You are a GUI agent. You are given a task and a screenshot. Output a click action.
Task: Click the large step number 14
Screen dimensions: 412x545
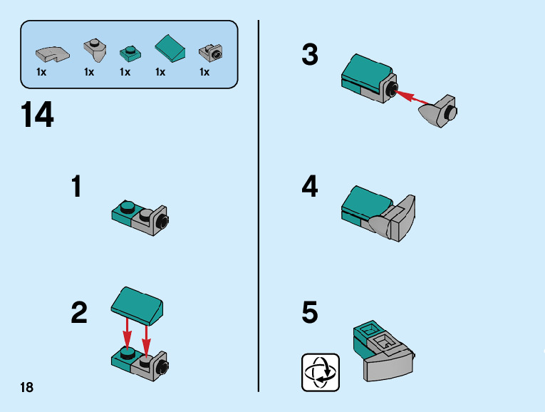(37, 115)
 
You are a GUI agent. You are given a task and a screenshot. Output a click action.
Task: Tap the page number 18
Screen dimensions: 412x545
(26, 387)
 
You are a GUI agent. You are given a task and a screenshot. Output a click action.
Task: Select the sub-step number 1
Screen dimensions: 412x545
(76, 187)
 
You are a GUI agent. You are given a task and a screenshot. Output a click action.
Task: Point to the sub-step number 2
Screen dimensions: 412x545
(79, 313)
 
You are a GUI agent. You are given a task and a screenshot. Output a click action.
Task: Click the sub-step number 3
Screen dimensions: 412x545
(310, 55)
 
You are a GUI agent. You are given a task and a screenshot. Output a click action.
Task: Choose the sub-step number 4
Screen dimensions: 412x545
(310, 187)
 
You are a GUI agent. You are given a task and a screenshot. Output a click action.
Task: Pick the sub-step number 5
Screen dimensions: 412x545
(310, 313)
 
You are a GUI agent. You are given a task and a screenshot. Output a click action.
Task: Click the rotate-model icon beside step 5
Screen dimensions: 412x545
(321, 371)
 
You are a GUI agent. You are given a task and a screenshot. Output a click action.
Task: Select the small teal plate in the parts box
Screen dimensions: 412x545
(129, 52)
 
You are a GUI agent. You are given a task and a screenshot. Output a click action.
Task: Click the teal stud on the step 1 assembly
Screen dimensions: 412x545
(128, 207)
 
